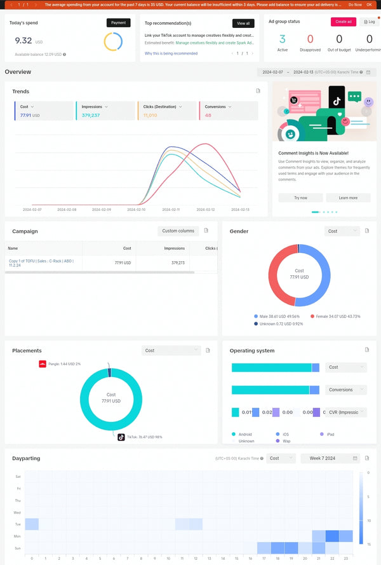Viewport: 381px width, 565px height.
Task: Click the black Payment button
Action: pos(118,22)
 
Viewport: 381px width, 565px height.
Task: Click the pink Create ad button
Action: pos(343,22)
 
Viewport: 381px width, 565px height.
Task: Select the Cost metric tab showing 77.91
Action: pos(43,111)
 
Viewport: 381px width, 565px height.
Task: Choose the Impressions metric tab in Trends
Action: pos(104,111)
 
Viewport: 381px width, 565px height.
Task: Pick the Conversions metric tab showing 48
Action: pos(229,111)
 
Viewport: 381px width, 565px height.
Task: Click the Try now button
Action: pos(300,198)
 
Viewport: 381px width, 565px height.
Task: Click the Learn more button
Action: pos(347,198)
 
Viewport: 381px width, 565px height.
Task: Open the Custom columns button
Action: pos(178,231)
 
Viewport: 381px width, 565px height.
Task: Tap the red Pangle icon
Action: pos(43,364)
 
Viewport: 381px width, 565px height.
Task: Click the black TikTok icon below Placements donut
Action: pos(121,437)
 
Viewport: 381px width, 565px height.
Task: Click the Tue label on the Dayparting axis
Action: pos(18,524)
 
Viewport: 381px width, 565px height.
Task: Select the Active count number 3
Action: pos(283,39)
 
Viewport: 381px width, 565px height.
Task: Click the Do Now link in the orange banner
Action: pos(355,4)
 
